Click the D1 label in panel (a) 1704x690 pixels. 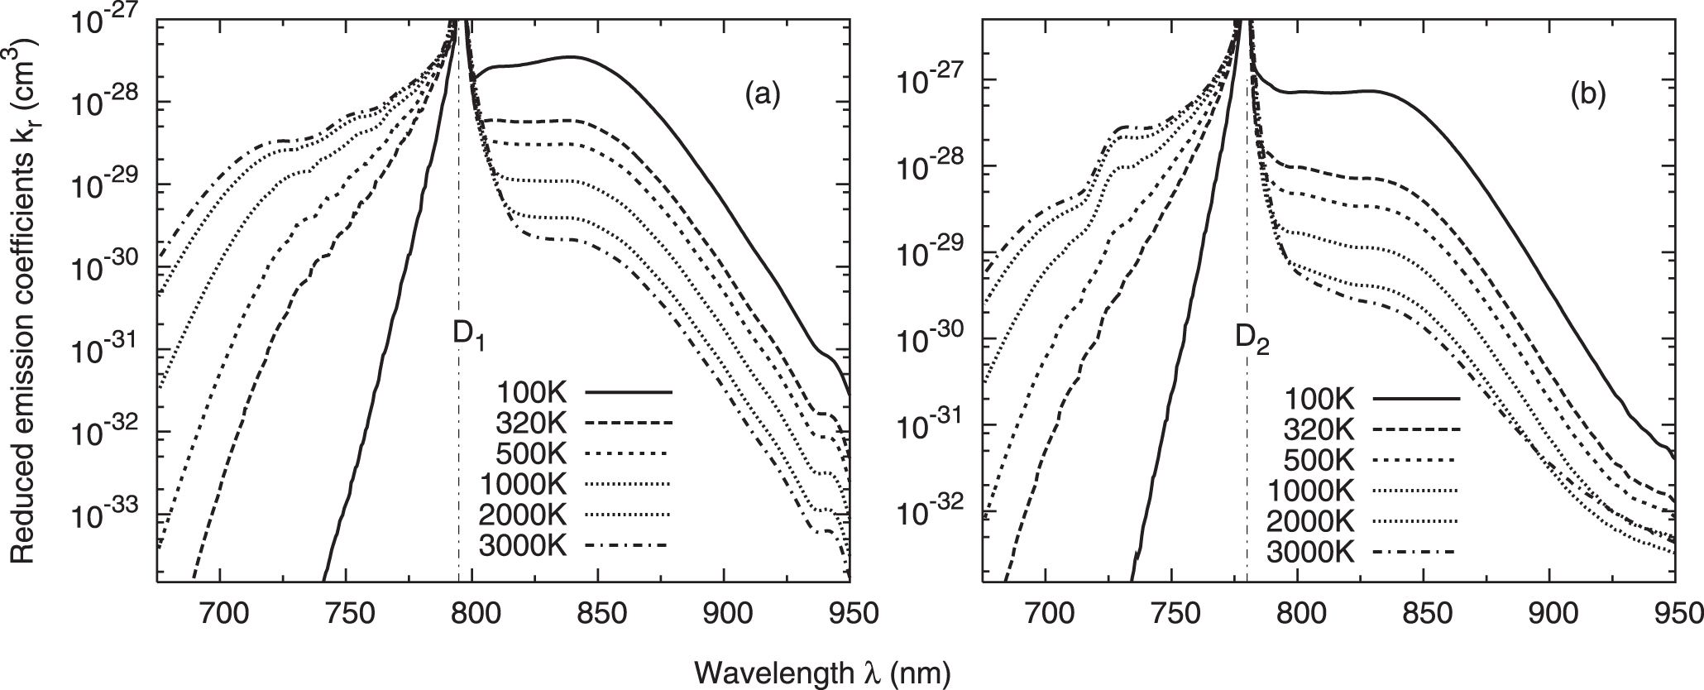468,341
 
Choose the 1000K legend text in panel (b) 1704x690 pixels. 1311,491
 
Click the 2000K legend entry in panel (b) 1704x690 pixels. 1311,521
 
